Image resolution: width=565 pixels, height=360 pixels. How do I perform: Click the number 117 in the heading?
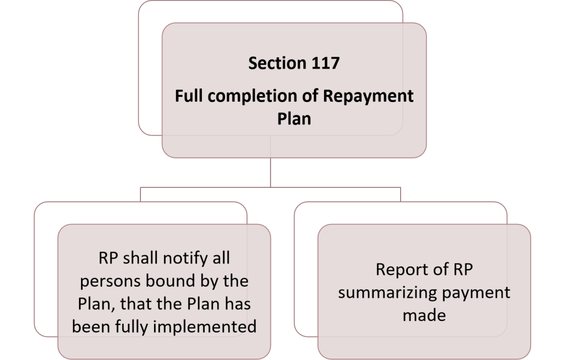pos(323,64)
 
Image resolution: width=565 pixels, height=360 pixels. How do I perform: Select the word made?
pos(424,315)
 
